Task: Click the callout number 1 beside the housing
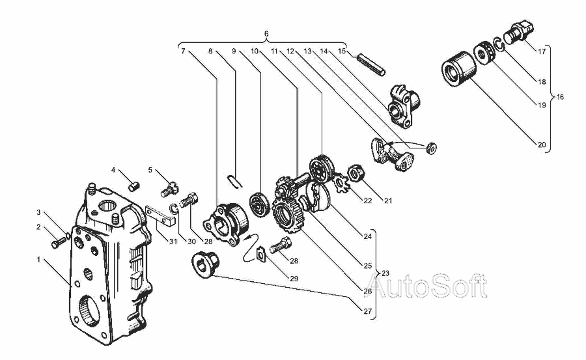(38, 260)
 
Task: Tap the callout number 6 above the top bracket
(266, 34)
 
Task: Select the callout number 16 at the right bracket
(560, 97)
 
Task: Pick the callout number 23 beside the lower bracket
(385, 273)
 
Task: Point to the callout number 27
(368, 311)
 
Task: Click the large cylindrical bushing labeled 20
(459, 69)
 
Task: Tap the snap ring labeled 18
(499, 44)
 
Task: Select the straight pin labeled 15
(370, 65)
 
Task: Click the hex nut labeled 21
(356, 173)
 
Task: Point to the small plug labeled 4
(135, 185)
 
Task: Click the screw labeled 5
(169, 189)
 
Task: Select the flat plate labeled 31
(160, 216)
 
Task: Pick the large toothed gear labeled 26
(288, 215)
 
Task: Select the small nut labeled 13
(431, 148)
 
